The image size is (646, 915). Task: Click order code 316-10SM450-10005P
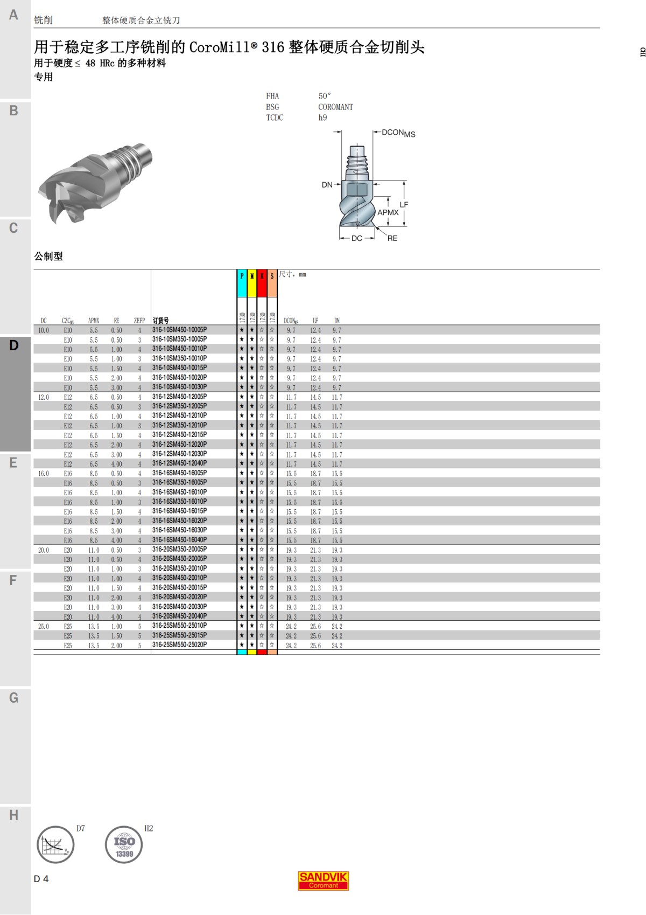(x=179, y=330)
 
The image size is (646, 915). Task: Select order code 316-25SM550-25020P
(x=179, y=645)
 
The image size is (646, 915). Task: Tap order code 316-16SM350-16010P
(x=179, y=502)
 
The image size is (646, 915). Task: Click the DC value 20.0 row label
(x=44, y=550)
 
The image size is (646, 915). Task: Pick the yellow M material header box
(x=252, y=283)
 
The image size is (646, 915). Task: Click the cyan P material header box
(x=242, y=283)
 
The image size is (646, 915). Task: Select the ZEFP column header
(x=139, y=321)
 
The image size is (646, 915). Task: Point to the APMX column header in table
(x=94, y=321)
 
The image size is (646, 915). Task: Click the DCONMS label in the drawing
(x=398, y=133)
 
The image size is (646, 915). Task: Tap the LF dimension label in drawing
(x=404, y=205)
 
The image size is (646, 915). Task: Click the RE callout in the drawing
(x=392, y=238)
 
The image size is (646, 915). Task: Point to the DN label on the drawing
(x=327, y=185)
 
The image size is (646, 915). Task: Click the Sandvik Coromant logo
(x=324, y=881)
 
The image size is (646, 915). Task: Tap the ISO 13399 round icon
(x=124, y=844)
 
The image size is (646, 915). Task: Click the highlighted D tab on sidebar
(x=15, y=345)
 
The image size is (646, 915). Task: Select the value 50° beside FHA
(x=325, y=96)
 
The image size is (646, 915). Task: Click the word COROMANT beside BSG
(x=335, y=107)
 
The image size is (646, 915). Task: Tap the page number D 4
(x=41, y=879)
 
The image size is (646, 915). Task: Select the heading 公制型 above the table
(x=48, y=257)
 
